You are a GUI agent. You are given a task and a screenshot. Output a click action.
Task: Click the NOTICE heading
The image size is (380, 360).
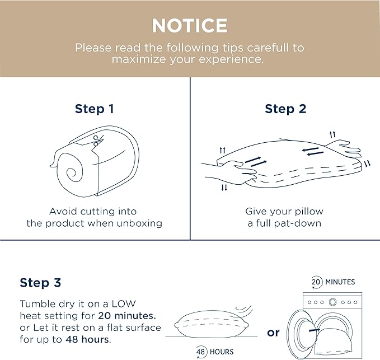(190, 26)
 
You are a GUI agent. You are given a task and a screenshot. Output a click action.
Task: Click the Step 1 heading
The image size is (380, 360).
(94, 109)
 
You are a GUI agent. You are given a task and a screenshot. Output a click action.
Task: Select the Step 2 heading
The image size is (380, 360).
(285, 109)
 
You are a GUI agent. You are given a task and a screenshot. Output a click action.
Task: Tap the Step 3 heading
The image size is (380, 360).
(40, 283)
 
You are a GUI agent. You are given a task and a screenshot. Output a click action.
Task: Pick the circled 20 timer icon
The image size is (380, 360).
(316, 282)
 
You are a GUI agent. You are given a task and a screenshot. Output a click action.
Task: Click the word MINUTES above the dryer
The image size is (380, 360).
(340, 282)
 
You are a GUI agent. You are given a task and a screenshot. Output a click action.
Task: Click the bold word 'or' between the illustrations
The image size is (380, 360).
(273, 333)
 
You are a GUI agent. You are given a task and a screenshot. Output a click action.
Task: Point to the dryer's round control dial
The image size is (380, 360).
(332, 302)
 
